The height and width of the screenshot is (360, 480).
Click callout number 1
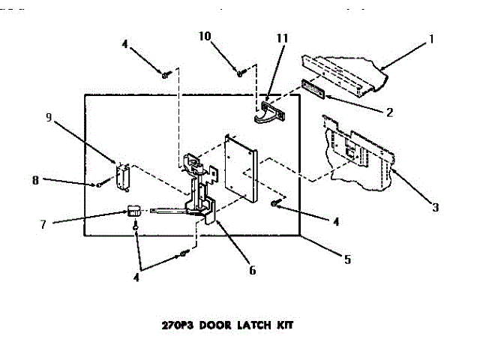432,38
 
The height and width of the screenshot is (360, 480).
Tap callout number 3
435,206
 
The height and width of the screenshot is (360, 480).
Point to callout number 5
347,259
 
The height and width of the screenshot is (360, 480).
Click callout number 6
252,270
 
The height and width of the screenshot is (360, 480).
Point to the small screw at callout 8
99,184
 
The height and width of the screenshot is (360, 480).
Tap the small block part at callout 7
133,210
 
